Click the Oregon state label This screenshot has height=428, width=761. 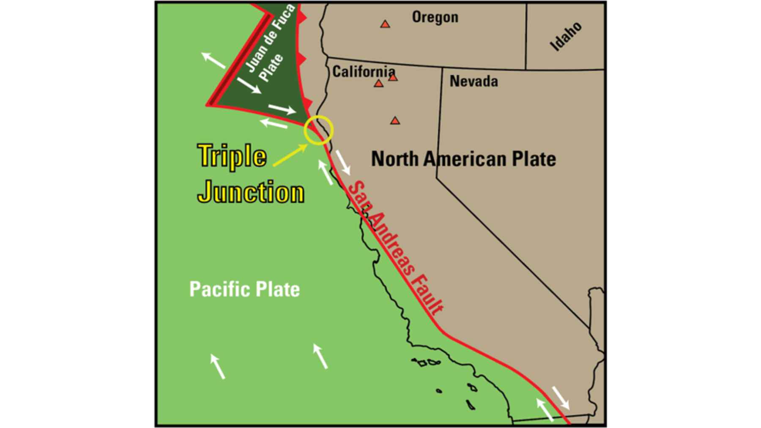[435, 17]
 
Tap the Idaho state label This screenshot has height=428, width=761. [566, 36]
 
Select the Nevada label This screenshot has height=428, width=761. [474, 81]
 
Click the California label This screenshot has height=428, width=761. [363, 72]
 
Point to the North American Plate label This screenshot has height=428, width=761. [463, 159]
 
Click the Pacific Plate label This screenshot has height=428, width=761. [244, 289]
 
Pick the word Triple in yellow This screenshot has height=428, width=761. [232, 156]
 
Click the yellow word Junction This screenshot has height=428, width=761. [251, 192]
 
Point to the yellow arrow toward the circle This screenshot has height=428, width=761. [290, 155]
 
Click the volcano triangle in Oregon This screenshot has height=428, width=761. [385, 24]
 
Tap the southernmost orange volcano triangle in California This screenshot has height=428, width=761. [395, 121]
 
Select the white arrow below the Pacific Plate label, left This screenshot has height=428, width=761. [218, 366]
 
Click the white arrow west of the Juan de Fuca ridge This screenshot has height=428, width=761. [213, 60]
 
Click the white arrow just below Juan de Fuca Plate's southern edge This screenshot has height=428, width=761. [274, 123]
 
